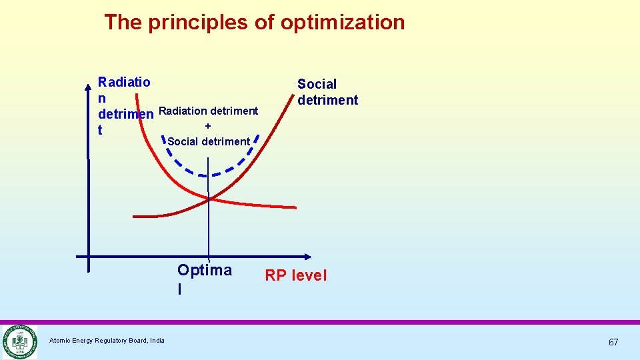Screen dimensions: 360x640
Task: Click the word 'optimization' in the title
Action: pyautogui.click(x=342, y=22)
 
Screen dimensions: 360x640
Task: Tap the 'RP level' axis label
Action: pyautogui.click(x=296, y=275)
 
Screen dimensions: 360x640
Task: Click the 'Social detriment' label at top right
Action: pyautogui.click(x=327, y=92)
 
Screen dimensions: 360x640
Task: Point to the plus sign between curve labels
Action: pyautogui.click(x=208, y=125)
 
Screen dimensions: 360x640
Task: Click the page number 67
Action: pyautogui.click(x=613, y=342)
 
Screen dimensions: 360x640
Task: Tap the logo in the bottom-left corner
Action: pyautogui.click(x=19, y=341)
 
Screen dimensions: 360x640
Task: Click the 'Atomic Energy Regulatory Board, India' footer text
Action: pyautogui.click(x=107, y=341)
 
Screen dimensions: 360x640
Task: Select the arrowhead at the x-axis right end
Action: pyautogui.click(x=307, y=256)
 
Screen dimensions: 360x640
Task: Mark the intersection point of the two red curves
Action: pyautogui.click(x=209, y=197)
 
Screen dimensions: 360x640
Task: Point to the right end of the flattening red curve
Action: pyautogui.click(x=294, y=207)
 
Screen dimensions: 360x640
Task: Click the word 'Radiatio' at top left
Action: pyautogui.click(x=124, y=83)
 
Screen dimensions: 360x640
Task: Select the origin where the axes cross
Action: pyautogui.click(x=89, y=256)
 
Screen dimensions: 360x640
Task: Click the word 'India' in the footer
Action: pyautogui.click(x=157, y=341)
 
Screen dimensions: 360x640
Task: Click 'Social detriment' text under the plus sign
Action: pyautogui.click(x=208, y=141)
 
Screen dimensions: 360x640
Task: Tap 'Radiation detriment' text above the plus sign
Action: pyautogui.click(x=209, y=111)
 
